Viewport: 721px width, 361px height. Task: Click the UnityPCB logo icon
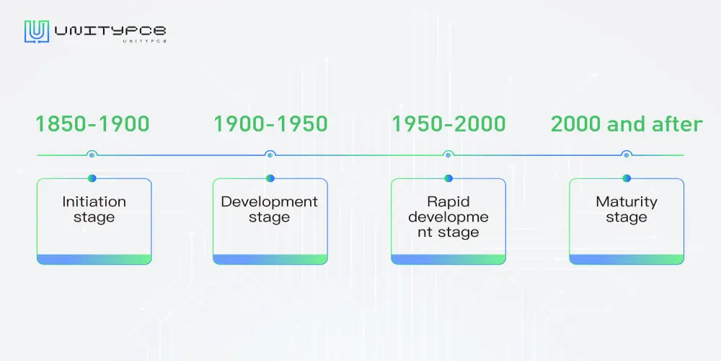[x=36, y=32]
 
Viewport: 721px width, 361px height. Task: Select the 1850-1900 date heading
[x=92, y=124]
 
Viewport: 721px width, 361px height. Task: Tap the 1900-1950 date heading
[x=270, y=124]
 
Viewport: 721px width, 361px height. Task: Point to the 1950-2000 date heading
[x=448, y=124]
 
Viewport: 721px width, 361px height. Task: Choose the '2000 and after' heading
[x=627, y=124]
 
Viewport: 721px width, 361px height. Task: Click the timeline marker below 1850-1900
[x=92, y=155]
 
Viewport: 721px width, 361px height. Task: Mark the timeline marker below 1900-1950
[x=270, y=155]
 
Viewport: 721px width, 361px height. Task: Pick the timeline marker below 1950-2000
[x=448, y=155]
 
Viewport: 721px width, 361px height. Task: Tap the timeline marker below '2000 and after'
[x=627, y=155]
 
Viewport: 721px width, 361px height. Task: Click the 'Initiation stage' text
[x=94, y=209]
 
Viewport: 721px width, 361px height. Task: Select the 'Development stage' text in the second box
[x=270, y=209]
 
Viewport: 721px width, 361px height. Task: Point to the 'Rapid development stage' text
[x=448, y=217]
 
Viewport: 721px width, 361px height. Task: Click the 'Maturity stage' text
[x=627, y=209]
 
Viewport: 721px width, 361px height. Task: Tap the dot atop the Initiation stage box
[x=92, y=178]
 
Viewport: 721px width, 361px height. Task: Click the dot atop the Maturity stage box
[x=627, y=178]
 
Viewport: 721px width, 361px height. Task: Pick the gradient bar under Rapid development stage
[x=448, y=259]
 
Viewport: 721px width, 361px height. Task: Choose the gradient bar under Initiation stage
[x=94, y=259]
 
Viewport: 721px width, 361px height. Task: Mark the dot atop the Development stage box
[x=270, y=178]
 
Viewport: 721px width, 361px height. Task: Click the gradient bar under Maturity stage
[x=627, y=259]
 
